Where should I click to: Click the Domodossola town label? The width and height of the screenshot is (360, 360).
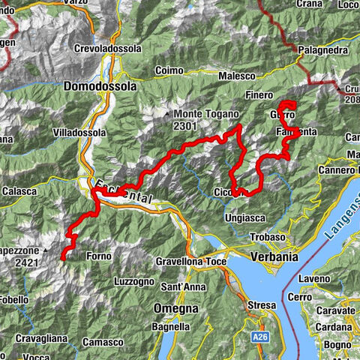(x=100, y=86)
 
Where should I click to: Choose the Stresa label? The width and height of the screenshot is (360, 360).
(x=262, y=305)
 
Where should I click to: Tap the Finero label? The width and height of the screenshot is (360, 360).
(x=259, y=95)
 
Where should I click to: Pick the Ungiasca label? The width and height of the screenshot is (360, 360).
(x=244, y=217)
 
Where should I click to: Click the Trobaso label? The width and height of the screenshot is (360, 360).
(x=268, y=237)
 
